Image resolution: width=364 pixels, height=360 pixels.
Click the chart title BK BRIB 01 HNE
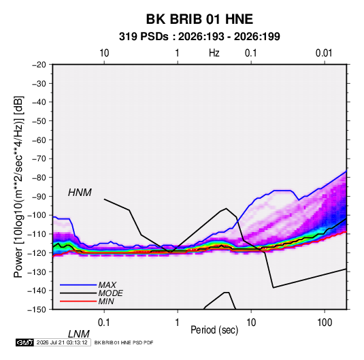point(199,19)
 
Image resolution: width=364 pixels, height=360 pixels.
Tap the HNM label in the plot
point(80,193)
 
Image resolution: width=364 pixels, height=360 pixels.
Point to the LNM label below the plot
point(79,334)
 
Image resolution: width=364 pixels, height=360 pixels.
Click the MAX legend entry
point(107,284)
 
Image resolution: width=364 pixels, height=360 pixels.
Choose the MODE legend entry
point(110,293)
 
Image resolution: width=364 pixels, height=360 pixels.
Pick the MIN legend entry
point(106,301)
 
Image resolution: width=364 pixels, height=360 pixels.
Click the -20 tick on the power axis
point(39,65)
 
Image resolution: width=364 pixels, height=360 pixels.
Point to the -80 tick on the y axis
point(39,178)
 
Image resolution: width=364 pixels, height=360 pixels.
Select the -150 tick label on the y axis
point(37,310)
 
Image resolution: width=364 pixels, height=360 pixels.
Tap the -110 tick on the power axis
point(37,234)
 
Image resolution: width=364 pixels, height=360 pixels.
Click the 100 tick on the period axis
point(325,323)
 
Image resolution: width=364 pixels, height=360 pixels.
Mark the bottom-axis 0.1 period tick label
point(104,323)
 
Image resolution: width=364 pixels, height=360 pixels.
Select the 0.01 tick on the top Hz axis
point(324,53)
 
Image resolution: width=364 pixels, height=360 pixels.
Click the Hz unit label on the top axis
point(214,53)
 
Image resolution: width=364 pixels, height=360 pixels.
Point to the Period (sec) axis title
point(214,330)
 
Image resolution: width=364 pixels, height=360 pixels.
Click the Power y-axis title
point(18,186)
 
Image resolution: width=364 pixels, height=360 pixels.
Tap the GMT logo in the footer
point(24,342)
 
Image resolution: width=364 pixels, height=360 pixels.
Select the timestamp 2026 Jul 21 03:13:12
point(62,342)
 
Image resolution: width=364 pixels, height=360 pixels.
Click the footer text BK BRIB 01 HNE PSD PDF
point(124,342)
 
